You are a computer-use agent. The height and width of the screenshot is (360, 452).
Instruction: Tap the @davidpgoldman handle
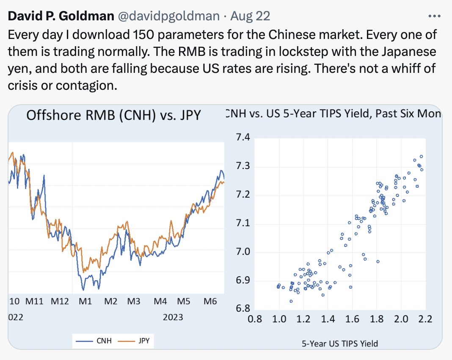tap(168, 17)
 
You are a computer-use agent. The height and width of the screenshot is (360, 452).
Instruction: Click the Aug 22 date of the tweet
tap(251, 17)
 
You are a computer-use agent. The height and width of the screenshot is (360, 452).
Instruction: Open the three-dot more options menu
tap(435, 16)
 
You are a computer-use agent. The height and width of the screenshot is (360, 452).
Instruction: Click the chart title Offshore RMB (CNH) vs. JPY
tap(113, 115)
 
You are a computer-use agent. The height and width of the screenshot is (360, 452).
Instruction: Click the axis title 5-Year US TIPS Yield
tap(340, 343)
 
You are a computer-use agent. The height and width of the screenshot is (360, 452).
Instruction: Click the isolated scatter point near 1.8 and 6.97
tap(378, 262)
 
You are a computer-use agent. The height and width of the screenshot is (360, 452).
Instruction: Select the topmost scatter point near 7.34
tap(421, 156)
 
